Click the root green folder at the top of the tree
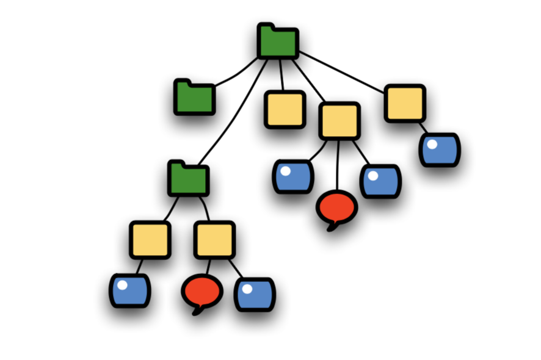(x=278, y=43)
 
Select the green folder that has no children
(x=194, y=98)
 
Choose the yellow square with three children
(x=339, y=121)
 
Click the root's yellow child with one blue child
(x=405, y=103)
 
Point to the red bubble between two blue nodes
(x=336, y=206)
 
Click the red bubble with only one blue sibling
(x=202, y=292)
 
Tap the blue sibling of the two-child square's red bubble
(x=255, y=295)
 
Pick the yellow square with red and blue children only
(x=214, y=240)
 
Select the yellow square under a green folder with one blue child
(x=150, y=240)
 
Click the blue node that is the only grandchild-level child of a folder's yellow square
(x=129, y=290)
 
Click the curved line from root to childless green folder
(x=235, y=74)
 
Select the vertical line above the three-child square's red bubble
(x=338, y=165)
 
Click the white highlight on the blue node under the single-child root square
(x=432, y=145)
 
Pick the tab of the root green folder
(x=266, y=27)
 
